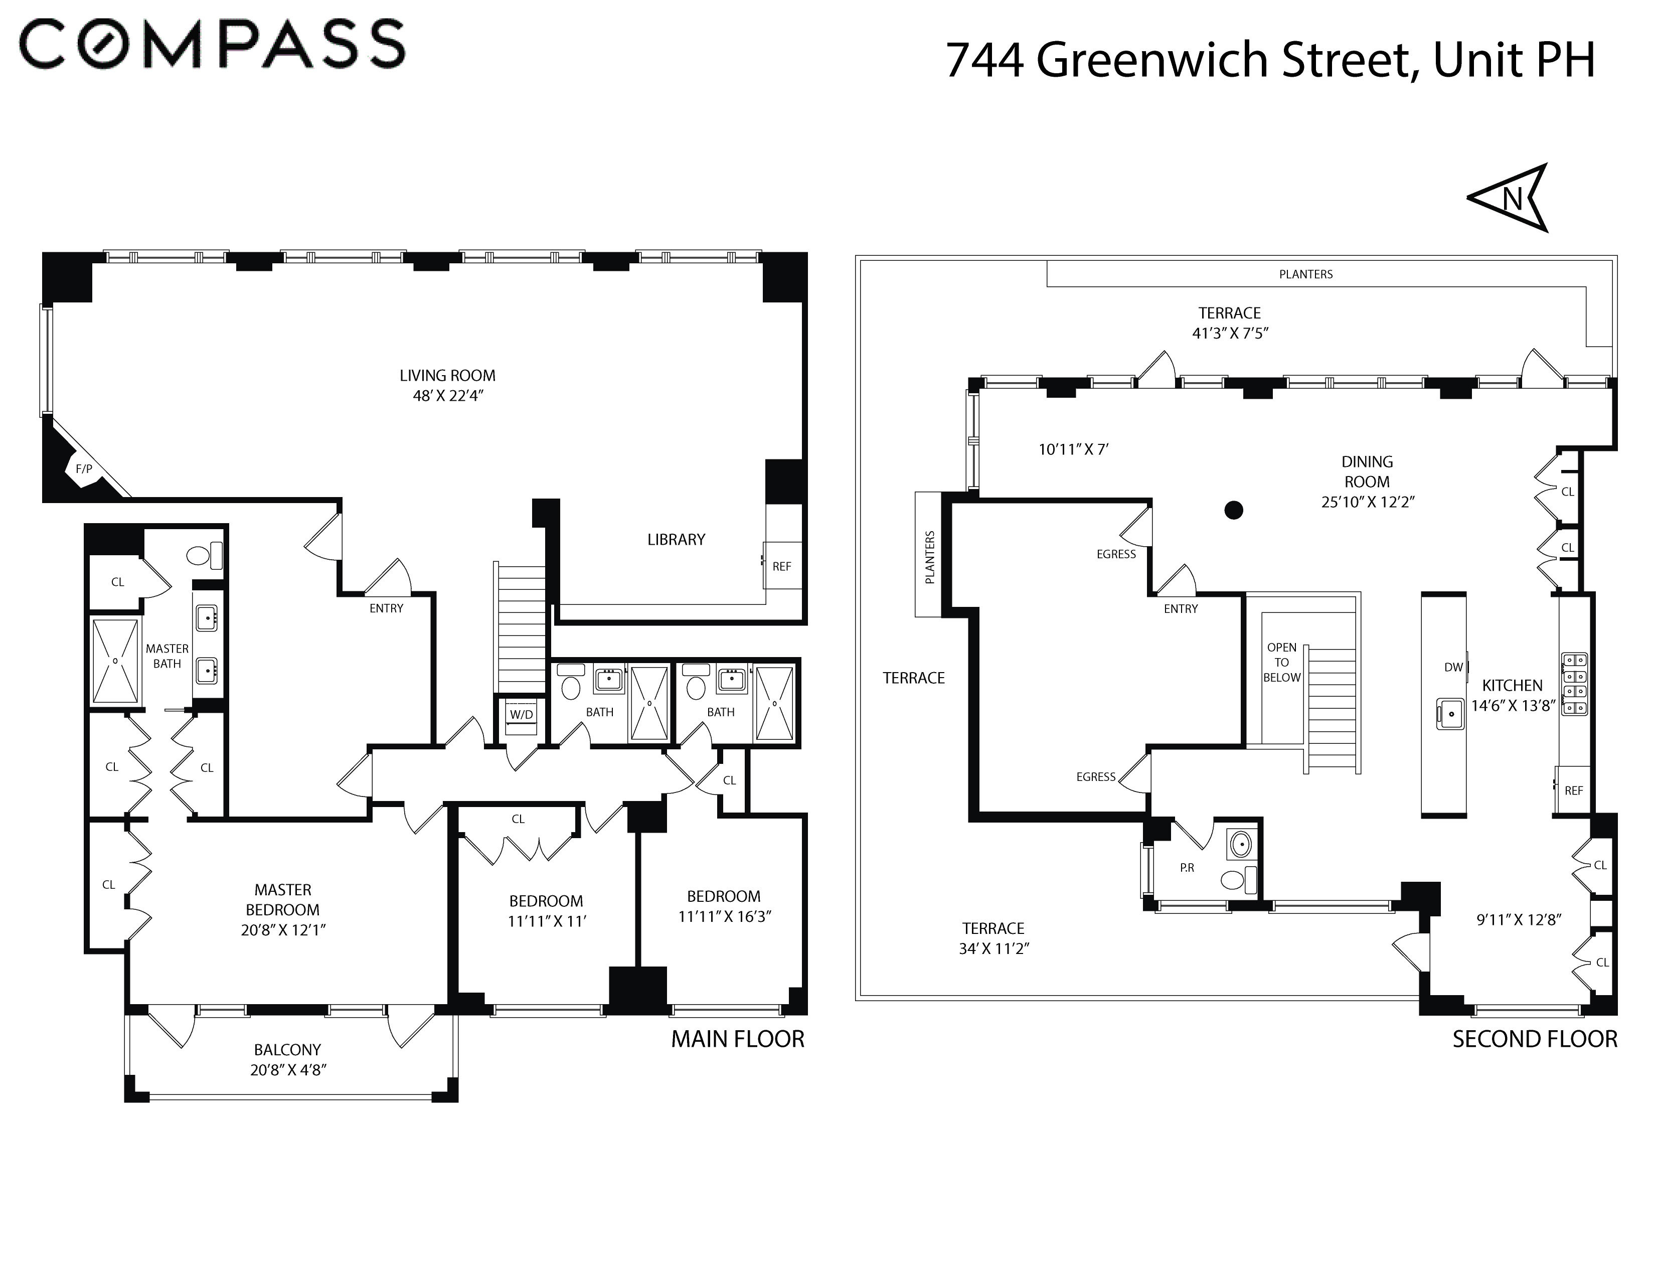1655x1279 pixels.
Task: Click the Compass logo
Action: (212, 45)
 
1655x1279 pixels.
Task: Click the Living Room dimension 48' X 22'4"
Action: (448, 396)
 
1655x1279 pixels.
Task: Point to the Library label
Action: (676, 540)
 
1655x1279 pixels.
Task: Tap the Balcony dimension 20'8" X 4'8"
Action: (288, 1070)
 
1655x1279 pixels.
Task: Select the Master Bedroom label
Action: (283, 899)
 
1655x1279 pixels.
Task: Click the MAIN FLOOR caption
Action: (737, 1039)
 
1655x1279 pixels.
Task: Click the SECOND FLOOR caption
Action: (1535, 1039)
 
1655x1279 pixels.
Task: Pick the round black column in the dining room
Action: (1234, 510)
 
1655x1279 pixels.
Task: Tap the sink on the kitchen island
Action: (1450, 714)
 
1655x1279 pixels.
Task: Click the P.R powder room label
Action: (1187, 868)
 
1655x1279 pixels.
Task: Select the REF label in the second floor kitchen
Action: (1574, 790)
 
